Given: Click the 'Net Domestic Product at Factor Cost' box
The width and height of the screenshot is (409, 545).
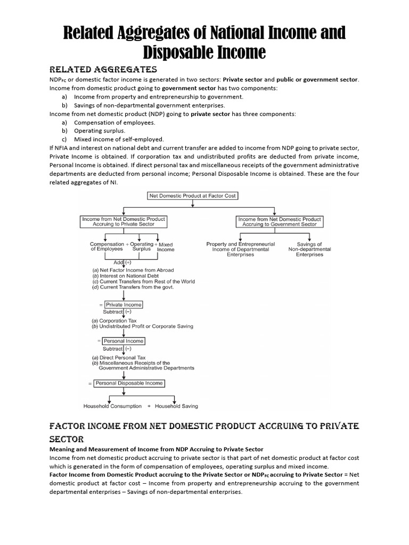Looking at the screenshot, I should pyautogui.click(x=192, y=196).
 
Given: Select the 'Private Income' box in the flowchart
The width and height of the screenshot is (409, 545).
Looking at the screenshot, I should pyautogui.click(x=124, y=305).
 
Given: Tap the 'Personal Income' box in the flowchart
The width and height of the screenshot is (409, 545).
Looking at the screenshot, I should pyautogui.click(x=124, y=341).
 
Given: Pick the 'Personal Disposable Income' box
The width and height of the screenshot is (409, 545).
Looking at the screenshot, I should pyautogui.click(x=129, y=383).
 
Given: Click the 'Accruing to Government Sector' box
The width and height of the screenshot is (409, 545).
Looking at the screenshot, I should pyautogui.click(x=280, y=221).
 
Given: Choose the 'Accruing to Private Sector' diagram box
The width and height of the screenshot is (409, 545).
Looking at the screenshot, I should pyautogui.click(x=124, y=221).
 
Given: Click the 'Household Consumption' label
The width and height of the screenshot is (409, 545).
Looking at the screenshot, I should pyautogui.click(x=113, y=406).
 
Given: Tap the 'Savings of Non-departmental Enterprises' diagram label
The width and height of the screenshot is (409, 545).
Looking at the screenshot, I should pyautogui.click(x=309, y=249).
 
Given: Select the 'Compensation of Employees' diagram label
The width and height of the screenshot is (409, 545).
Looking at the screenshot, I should pyautogui.click(x=107, y=246).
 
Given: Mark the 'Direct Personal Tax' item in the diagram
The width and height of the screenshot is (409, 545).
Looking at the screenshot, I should pyautogui.click(x=121, y=357).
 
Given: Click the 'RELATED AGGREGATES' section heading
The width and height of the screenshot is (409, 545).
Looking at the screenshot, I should pyautogui.click(x=103, y=69).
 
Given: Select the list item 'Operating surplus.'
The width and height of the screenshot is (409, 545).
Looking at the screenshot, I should pyautogui.click(x=100, y=130).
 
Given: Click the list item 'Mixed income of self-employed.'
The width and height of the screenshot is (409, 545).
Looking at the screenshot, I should pyautogui.click(x=119, y=139).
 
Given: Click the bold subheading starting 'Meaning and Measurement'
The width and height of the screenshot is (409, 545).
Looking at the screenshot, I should pyautogui.click(x=156, y=450).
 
